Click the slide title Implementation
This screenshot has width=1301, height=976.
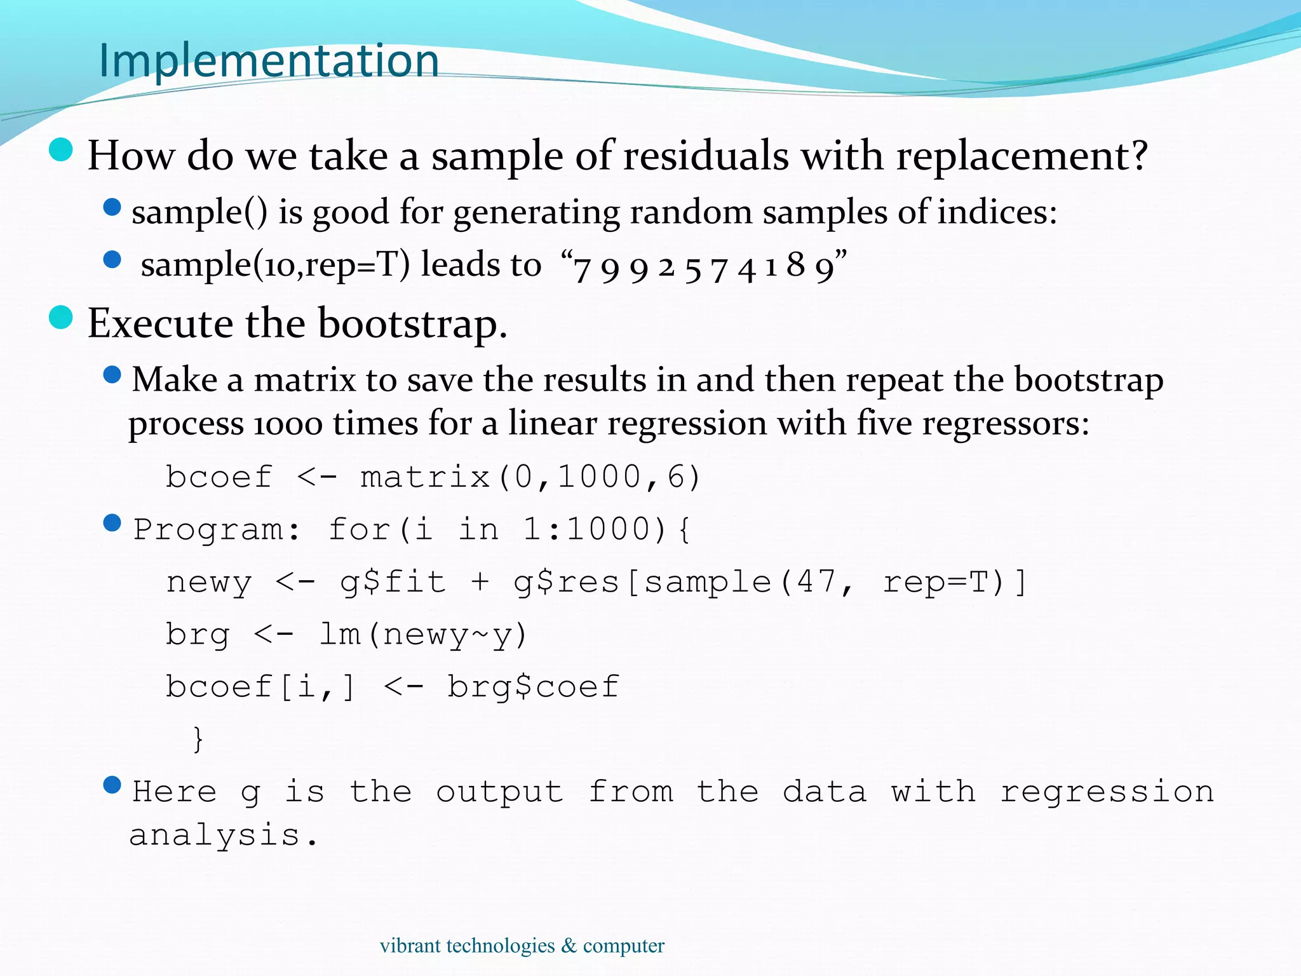[269, 61]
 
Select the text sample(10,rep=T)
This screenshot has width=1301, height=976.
[275, 265]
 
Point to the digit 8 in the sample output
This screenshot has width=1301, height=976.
[795, 265]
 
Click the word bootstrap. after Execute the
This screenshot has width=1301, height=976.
[412, 324]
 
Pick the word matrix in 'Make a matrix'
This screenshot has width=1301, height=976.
[305, 381]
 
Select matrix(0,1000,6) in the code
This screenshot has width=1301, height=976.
[530, 477]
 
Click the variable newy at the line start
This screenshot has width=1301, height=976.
[209, 583]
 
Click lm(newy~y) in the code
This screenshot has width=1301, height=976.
[423, 635]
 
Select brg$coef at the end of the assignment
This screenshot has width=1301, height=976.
[533, 687]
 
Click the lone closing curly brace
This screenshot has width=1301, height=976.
[198, 739]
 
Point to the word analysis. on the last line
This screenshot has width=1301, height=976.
[223, 836]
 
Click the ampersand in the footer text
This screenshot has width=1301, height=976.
[569, 946]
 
